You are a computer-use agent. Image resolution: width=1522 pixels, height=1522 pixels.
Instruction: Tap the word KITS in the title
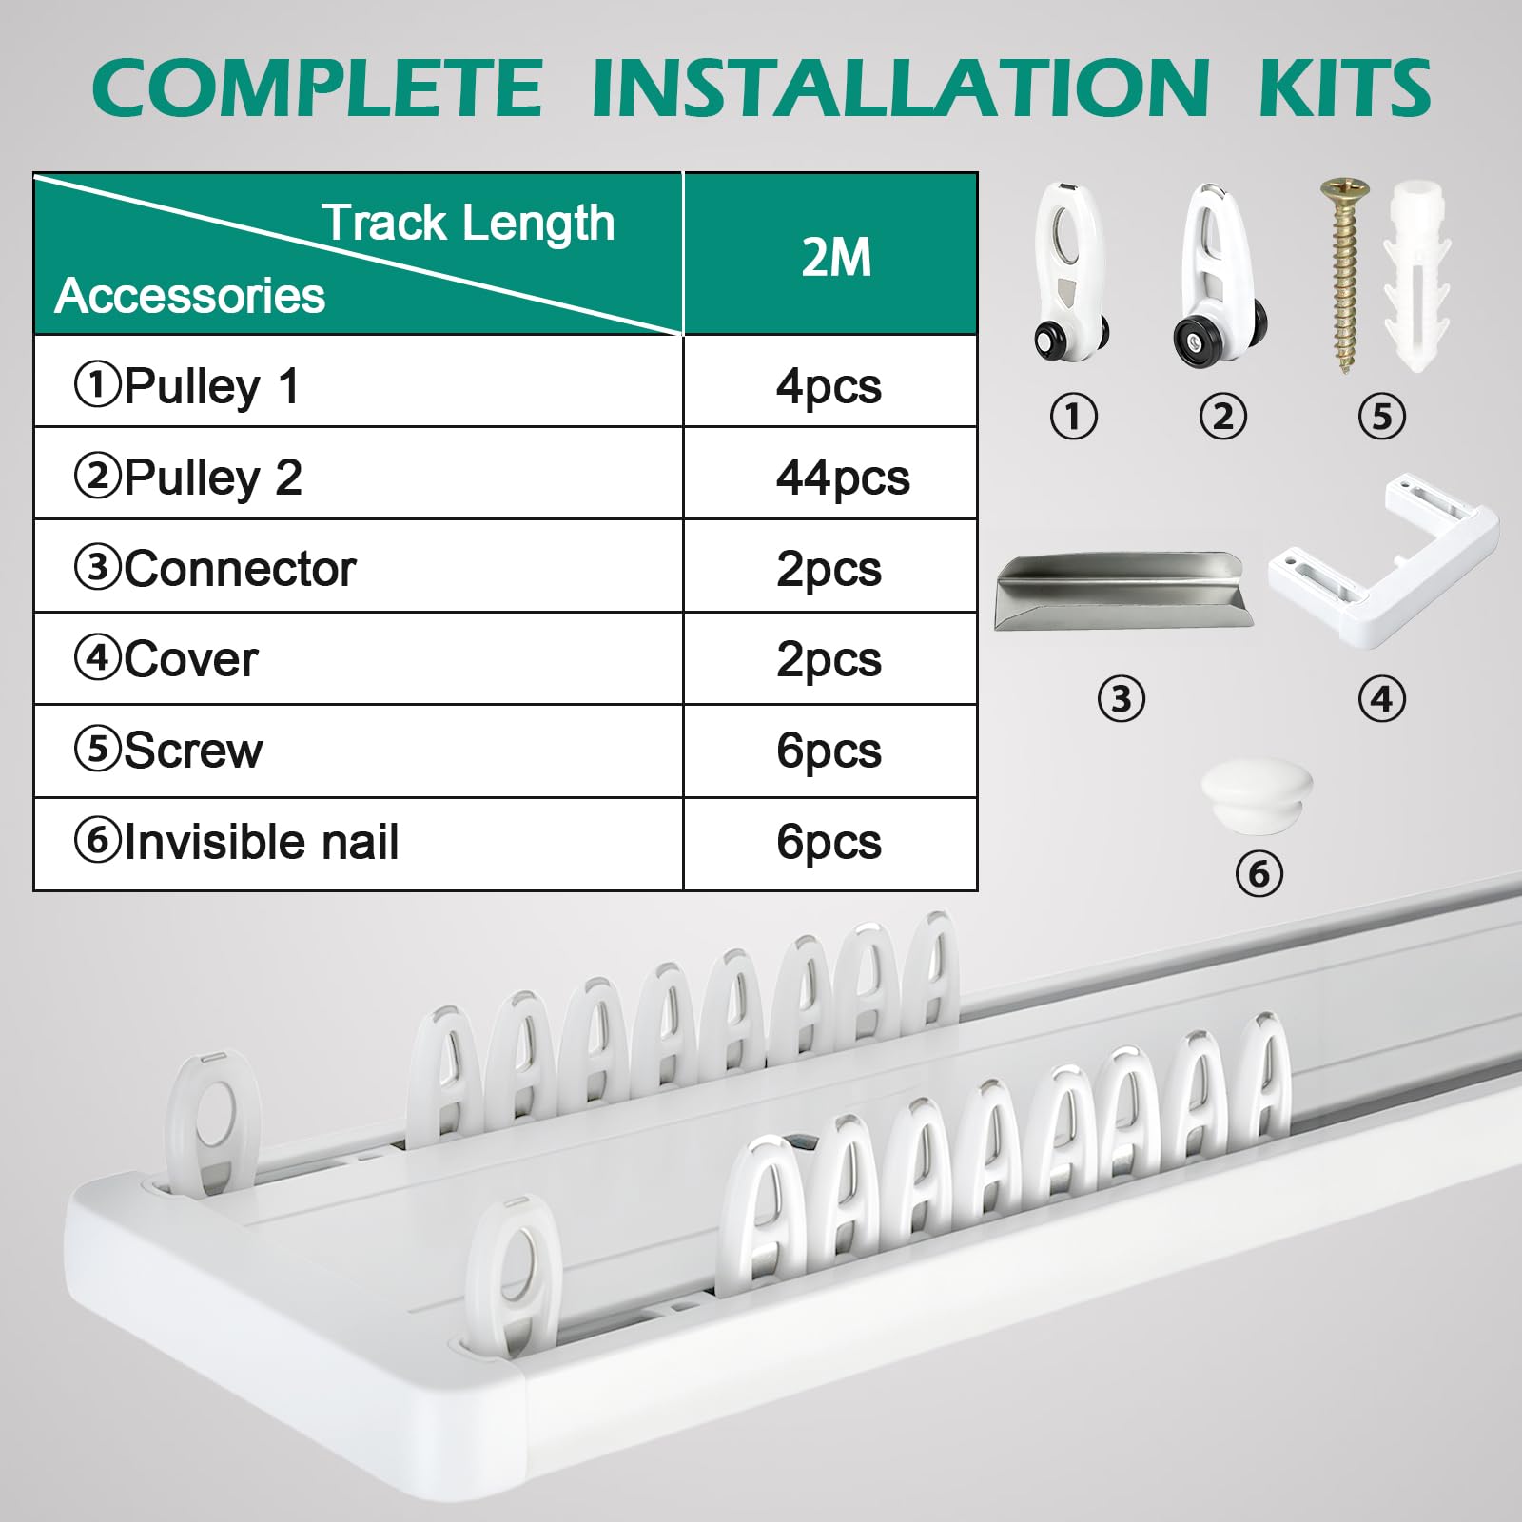pyautogui.click(x=1345, y=88)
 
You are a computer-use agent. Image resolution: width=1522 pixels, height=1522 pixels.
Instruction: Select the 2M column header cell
pyautogui.click(x=830, y=254)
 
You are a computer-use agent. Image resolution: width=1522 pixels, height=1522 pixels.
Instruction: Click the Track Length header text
pyautogui.click(x=468, y=223)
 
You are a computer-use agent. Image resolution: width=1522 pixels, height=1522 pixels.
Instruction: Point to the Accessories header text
pyautogui.click(x=190, y=295)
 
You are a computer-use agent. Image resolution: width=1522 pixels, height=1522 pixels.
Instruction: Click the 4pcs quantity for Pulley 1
pyautogui.click(x=829, y=387)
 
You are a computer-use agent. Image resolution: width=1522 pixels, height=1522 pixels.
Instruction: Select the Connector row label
pyautogui.click(x=215, y=569)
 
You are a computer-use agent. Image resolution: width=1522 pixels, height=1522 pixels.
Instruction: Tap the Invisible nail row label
pyautogui.click(x=236, y=842)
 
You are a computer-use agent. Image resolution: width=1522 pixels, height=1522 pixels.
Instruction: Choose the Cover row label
pyautogui.click(x=166, y=659)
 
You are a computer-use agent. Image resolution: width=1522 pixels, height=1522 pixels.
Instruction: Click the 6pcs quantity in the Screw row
pyautogui.click(x=829, y=751)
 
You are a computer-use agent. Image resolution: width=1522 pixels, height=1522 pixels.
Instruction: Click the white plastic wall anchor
pyautogui.click(x=1417, y=276)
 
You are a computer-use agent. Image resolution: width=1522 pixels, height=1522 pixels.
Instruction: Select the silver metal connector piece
pyautogui.click(x=1122, y=592)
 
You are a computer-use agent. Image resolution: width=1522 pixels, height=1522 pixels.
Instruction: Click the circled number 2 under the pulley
pyautogui.click(x=1223, y=417)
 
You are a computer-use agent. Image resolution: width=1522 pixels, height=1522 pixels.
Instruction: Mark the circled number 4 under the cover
pyautogui.click(x=1381, y=700)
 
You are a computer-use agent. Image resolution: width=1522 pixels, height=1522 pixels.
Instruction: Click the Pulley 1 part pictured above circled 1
pyautogui.click(x=1072, y=270)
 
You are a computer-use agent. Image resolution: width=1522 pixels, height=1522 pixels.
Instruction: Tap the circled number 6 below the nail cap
pyautogui.click(x=1259, y=873)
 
